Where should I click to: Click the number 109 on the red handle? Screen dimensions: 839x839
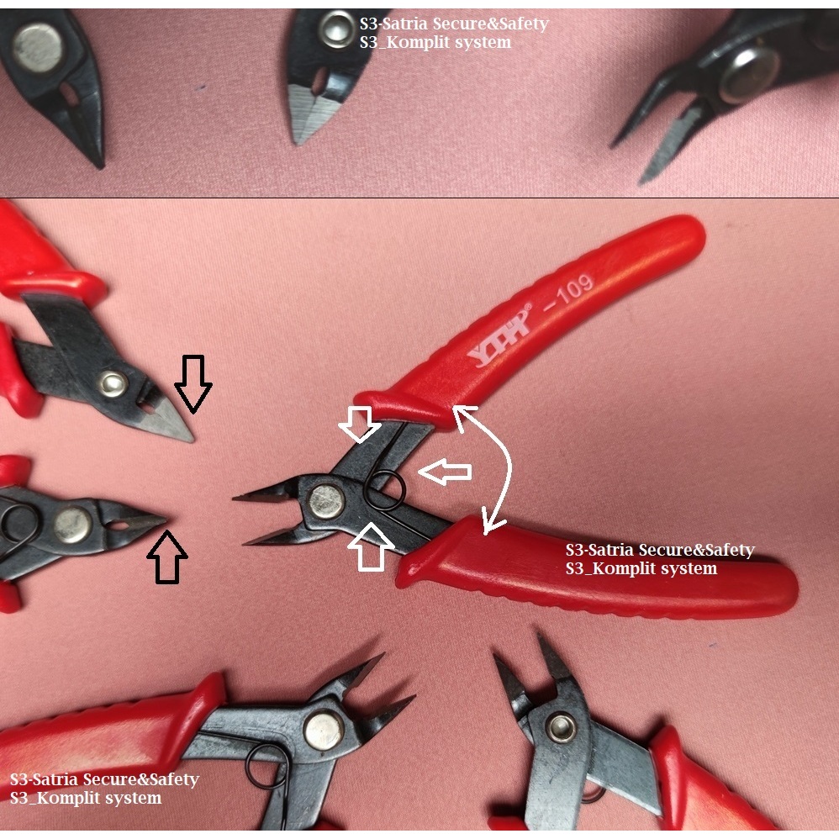[571, 290]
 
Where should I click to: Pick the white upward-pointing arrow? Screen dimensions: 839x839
[371, 545]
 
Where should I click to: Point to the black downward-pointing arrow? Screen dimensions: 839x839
[193, 383]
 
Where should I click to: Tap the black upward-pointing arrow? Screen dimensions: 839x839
[167, 557]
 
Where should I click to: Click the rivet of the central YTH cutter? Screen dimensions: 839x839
[326, 501]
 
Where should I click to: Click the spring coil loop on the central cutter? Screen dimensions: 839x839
[386, 491]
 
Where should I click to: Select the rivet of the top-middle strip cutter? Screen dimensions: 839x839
[339, 31]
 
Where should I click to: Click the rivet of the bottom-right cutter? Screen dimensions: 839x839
[560, 727]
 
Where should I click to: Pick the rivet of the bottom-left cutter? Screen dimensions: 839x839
[323, 731]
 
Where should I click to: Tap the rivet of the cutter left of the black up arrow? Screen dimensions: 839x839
[73, 524]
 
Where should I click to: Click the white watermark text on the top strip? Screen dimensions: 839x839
[453, 33]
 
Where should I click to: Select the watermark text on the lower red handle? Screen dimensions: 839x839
[660, 559]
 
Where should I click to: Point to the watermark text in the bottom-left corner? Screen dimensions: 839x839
[104, 789]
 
